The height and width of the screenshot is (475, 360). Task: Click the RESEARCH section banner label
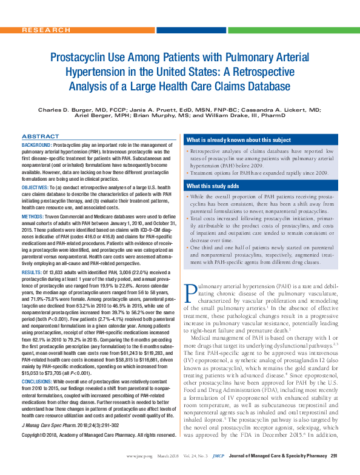[44, 29]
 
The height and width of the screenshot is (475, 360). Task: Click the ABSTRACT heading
[41, 136]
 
